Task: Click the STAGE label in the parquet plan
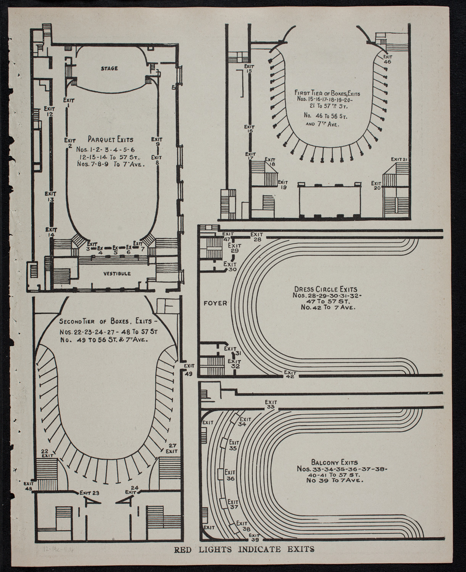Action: coord(109,69)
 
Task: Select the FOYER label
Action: coord(215,303)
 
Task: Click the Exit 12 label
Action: coord(49,111)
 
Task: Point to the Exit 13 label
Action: coord(50,197)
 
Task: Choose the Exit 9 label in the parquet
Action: coord(157,141)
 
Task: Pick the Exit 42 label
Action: coord(290,374)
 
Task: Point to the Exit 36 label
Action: coord(230,475)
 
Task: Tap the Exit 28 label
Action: coord(256,236)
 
